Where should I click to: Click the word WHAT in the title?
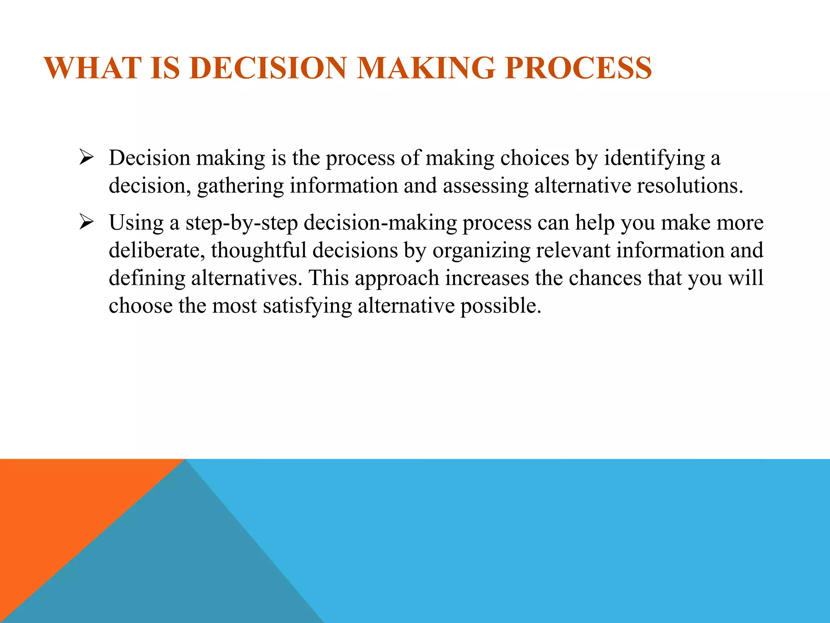(x=93, y=68)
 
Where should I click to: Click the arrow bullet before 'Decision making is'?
(x=86, y=157)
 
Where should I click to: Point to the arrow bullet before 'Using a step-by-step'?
(x=86, y=222)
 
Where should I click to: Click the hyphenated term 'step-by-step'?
(x=242, y=223)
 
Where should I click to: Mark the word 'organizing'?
(x=481, y=251)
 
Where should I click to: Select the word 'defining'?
(x=147, y=278)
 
